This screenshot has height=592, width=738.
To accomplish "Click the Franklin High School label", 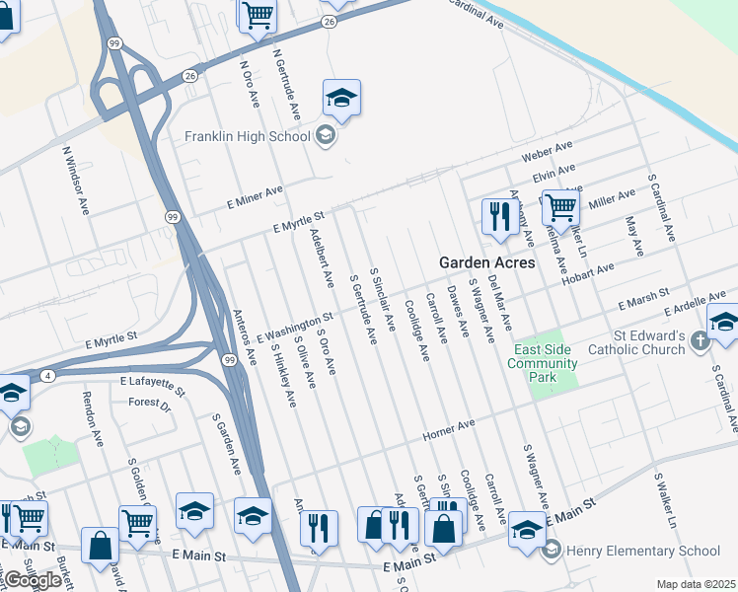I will (x=248, y=136).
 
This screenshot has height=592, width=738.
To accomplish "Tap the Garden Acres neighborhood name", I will (x=486, y=262).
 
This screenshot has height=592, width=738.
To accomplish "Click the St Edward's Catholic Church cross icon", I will (x=701, y=341).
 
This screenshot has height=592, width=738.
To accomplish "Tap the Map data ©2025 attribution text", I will (x=697, y=584).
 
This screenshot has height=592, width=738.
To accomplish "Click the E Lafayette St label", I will (x=153, y=380).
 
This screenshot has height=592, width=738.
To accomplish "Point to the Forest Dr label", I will (x=150, y=403).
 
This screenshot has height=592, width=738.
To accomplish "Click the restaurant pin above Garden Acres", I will (x=500, y=216).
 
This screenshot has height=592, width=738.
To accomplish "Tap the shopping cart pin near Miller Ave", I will (x=559, y=208).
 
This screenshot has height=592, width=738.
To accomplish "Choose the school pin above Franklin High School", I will (x=341, y=98).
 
